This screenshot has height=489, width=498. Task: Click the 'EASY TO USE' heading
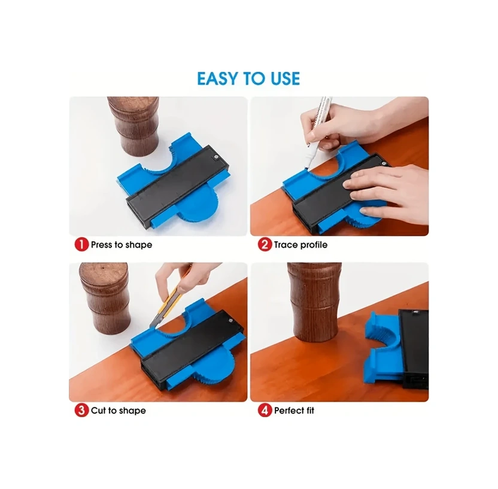point(248,78)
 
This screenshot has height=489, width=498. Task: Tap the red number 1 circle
point(81,245)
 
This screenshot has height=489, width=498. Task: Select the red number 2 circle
point(265,245)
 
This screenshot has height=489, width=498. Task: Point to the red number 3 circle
point(81,410)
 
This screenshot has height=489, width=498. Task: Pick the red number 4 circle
point(265,410)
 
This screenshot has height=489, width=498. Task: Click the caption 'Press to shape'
point(122,245)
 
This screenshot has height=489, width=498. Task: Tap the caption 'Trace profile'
point(300,245)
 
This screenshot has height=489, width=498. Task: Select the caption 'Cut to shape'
point(118,411)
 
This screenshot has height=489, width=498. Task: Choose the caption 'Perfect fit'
point(294,411)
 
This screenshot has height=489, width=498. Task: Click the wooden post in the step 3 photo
point(104,299)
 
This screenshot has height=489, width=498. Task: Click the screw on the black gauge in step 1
point(215,156)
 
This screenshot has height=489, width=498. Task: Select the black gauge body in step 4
point(414,349)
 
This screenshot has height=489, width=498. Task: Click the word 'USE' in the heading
point(285,78)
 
